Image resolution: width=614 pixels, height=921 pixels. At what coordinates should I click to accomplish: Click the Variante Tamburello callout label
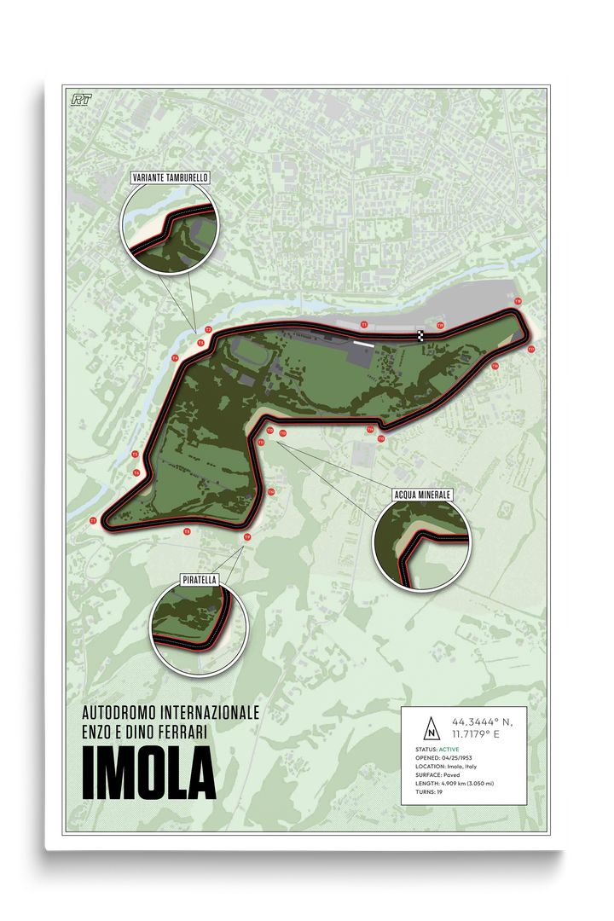tap(170, 177)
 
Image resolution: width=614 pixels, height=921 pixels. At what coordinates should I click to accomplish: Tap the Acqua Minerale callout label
tap(422, 494)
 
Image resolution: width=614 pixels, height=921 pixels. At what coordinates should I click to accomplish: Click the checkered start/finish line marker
tap(421, 335)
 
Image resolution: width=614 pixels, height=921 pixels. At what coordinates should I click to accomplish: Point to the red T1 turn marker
tap(364, 324)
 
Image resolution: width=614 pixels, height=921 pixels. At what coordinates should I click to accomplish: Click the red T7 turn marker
tap(93, 520)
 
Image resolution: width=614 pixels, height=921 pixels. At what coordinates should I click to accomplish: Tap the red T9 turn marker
tap(247, 537)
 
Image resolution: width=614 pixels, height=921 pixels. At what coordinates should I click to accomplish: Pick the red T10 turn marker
tap(271, 492)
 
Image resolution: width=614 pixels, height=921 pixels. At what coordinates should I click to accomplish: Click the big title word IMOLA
tap(148, 773)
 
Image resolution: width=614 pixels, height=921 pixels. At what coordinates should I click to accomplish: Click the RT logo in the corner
tap(83, 99)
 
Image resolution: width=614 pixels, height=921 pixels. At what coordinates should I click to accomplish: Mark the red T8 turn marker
tap(187, 531)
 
